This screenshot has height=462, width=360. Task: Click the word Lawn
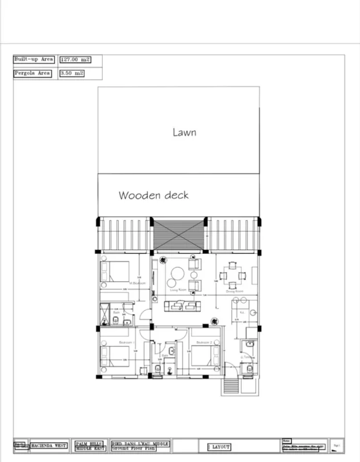[x=184, y=132]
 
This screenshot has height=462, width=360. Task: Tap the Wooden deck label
[x=153, y=195]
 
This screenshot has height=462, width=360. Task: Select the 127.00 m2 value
[x=75, y=60]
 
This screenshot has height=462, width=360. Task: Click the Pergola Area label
[x=32, y=73]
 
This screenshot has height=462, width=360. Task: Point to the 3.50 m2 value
[x=72, y=73]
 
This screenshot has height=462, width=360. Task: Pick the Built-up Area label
[x=34, y=60]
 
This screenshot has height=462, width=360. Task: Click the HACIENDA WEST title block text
[x=49, y=445]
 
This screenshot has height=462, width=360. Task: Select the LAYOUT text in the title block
[x=219, y=446]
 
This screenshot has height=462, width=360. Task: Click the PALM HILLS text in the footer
[x=89, y=443]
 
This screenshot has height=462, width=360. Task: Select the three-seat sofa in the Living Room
[x=182, y=306]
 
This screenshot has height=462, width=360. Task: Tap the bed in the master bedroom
[x=116, y=272]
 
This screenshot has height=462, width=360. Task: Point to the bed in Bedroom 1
[x=115, y=356]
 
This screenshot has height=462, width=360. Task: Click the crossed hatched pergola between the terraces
[x=178, y=234]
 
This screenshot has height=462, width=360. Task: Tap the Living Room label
[x=177, y=291]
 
